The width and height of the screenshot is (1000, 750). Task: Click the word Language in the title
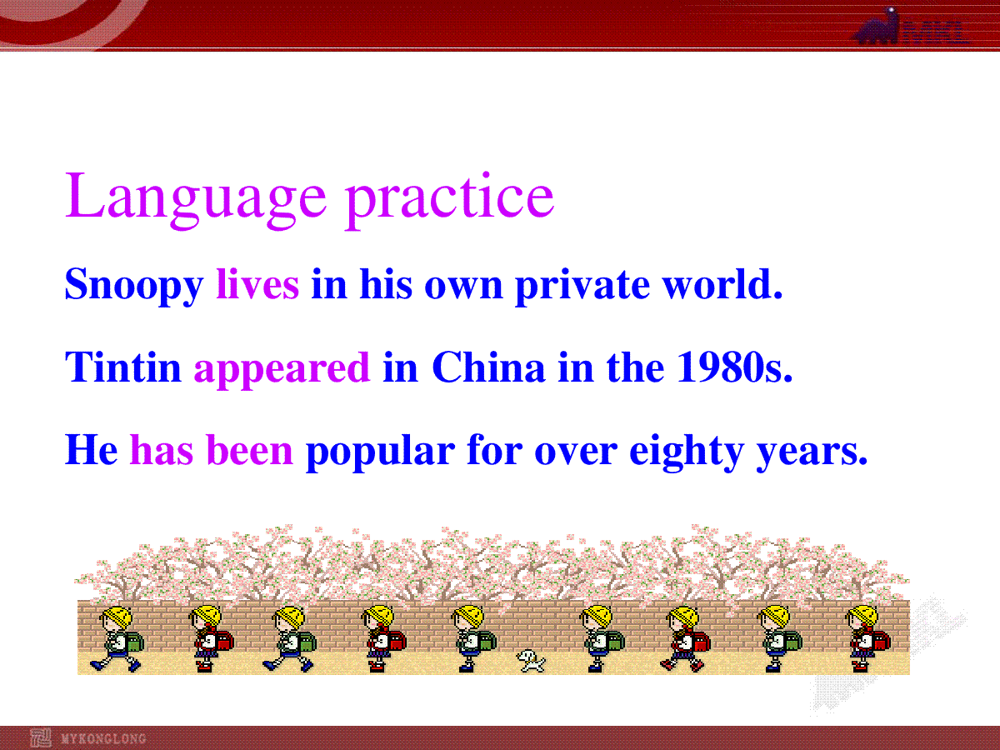(196, 200)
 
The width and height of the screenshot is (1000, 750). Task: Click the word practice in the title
(450, 200)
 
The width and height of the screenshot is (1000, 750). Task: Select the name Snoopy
(134, 286)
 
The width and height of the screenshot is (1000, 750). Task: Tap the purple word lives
(257, 283)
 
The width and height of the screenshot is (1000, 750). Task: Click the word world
(722, 283)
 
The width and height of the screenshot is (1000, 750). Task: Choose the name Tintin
(123, 367)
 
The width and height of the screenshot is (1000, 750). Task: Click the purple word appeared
(282, 369)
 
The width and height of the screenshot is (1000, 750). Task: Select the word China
(488, 367)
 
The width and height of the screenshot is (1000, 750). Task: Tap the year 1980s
(734, 367)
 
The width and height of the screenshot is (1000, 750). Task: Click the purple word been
(250, 449)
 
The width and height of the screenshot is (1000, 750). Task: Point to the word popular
(380, 452)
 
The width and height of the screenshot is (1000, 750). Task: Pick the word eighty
(687, 452)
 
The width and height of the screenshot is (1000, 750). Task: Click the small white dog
(530, 660)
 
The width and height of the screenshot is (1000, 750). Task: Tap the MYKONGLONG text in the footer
(103, 738)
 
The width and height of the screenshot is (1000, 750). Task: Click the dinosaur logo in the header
(877, 27)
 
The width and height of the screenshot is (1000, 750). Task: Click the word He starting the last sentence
(92, 449)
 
